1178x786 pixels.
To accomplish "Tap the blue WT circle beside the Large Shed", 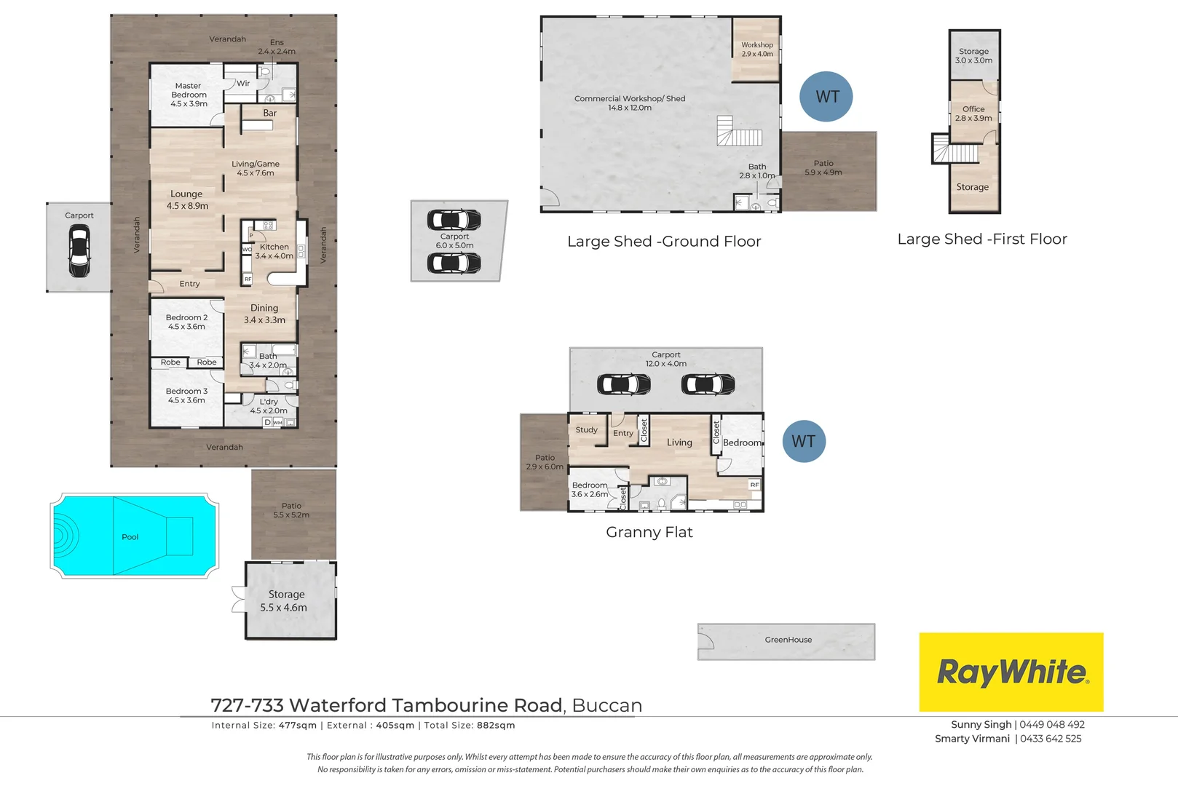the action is coord(826,97).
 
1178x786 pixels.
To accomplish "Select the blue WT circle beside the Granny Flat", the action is coord(804,441).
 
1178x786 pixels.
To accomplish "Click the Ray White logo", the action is coord(1011,672).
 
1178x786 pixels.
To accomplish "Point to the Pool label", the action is coord(130,537).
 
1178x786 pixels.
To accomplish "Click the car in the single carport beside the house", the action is coord(79,251).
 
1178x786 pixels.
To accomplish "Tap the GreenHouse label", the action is coord(788,639).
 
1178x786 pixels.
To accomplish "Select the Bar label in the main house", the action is coord(270,113).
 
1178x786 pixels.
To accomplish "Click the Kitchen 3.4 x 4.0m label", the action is coord(274,251).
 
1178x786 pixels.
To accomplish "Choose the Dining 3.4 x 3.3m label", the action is coord(264,314).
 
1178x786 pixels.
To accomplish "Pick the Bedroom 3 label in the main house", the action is coord(186,395).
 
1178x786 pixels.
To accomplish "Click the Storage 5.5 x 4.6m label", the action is coord(284,601).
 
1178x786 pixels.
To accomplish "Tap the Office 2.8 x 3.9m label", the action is coord(973,114).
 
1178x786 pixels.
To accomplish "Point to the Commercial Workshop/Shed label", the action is coord(630,103).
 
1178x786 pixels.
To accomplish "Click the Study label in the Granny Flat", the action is coord(586,429).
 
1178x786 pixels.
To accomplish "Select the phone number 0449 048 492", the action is coord(1052,724).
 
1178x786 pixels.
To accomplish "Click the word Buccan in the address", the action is coord(607,705).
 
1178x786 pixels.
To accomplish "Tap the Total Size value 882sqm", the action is coord(496,725).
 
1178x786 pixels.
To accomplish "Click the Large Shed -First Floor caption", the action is coord(982,239).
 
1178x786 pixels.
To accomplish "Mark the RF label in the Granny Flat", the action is coord(755,484).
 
